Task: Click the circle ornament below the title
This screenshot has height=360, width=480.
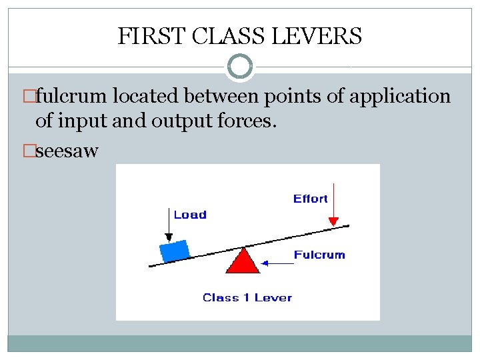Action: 239,67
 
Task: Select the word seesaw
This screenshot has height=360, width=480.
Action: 67,151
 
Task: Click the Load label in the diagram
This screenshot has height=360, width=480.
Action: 190,215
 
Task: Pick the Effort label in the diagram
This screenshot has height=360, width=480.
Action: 310,199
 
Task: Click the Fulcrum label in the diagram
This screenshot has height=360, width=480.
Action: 319,255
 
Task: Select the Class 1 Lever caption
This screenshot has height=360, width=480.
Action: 247,297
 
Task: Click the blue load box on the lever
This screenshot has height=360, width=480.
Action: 175,251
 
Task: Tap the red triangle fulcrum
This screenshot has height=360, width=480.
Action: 243,261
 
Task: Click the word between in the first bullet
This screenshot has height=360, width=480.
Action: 226,97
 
